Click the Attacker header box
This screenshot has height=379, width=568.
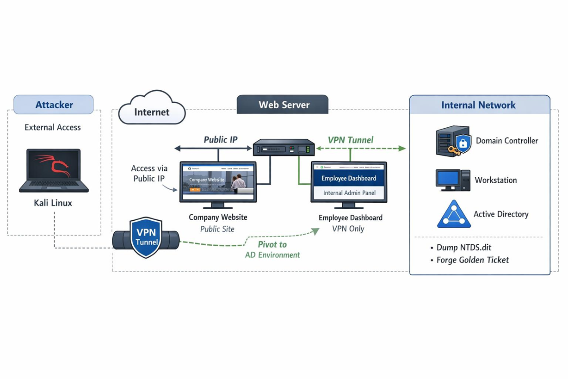click(54, 105)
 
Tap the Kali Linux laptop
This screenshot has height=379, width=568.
click(54, 170)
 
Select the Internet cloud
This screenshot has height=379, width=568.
click(152, 109)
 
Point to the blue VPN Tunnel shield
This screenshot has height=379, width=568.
click(146, 237)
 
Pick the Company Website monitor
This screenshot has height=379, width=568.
click(218, 183)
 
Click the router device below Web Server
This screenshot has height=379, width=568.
click(284, 148)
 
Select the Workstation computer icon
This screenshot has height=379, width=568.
click(452, 180)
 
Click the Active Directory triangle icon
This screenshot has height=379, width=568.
click(454, 214)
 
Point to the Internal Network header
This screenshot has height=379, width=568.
click(479, 105)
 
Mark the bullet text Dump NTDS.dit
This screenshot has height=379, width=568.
click(463, 248)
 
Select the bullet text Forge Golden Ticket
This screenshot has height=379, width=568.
click(472, 260)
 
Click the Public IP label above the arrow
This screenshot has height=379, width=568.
click(221, 139)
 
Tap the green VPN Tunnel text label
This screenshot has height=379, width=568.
click(350, 140)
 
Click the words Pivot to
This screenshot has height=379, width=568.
click(272, 244)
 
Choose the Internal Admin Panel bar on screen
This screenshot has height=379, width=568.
click(349, 193)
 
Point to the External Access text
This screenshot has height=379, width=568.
click(53, 127)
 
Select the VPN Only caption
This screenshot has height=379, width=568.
click(348, 229)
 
